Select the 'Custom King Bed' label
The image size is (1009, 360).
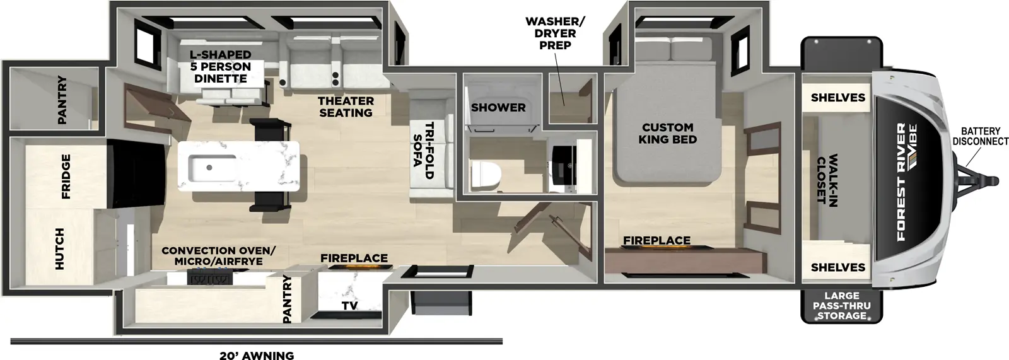[x=667, y=133]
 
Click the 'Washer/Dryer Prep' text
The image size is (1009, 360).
[x=555, y=33]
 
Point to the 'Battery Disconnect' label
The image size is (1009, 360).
[x=980, y=136]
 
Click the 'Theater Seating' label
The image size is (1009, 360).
[x=346, y=107]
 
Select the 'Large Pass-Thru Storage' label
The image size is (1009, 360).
[x=841, y=306]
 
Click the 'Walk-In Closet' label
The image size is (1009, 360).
[x=827, y=179]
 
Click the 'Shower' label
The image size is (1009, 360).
[x=498, y=108]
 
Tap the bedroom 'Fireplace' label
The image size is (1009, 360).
[x=656, y=240]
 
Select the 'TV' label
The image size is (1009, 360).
[x=349, y=305]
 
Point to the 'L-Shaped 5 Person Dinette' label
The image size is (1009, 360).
[x=221, y=66]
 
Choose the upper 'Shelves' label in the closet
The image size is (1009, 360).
[x=837, y=98]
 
